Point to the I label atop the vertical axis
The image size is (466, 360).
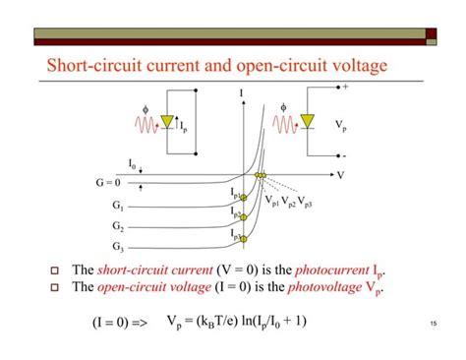click(x=241, y=94)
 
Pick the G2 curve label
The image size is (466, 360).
click(x=118, y=225)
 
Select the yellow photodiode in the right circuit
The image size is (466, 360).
click(x=308, y=121)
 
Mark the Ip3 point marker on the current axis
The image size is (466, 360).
click(x=242, y=237)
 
